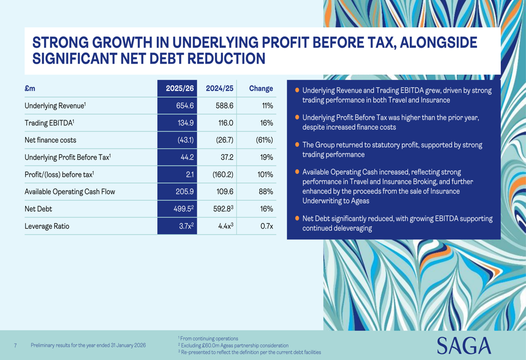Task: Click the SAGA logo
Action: (464, 345)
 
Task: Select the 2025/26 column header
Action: (180, 88)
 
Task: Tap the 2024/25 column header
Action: (220, 88)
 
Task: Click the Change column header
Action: (261, 88)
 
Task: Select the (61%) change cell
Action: (264, 140)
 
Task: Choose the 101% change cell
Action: (265, 174)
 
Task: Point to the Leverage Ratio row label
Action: (47, 226)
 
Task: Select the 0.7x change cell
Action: (267, 226)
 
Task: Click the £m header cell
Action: (30, 88)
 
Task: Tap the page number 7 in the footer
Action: (16, 345)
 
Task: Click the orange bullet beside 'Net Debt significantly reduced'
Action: (297, 218)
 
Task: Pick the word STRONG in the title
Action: (57, 42)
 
